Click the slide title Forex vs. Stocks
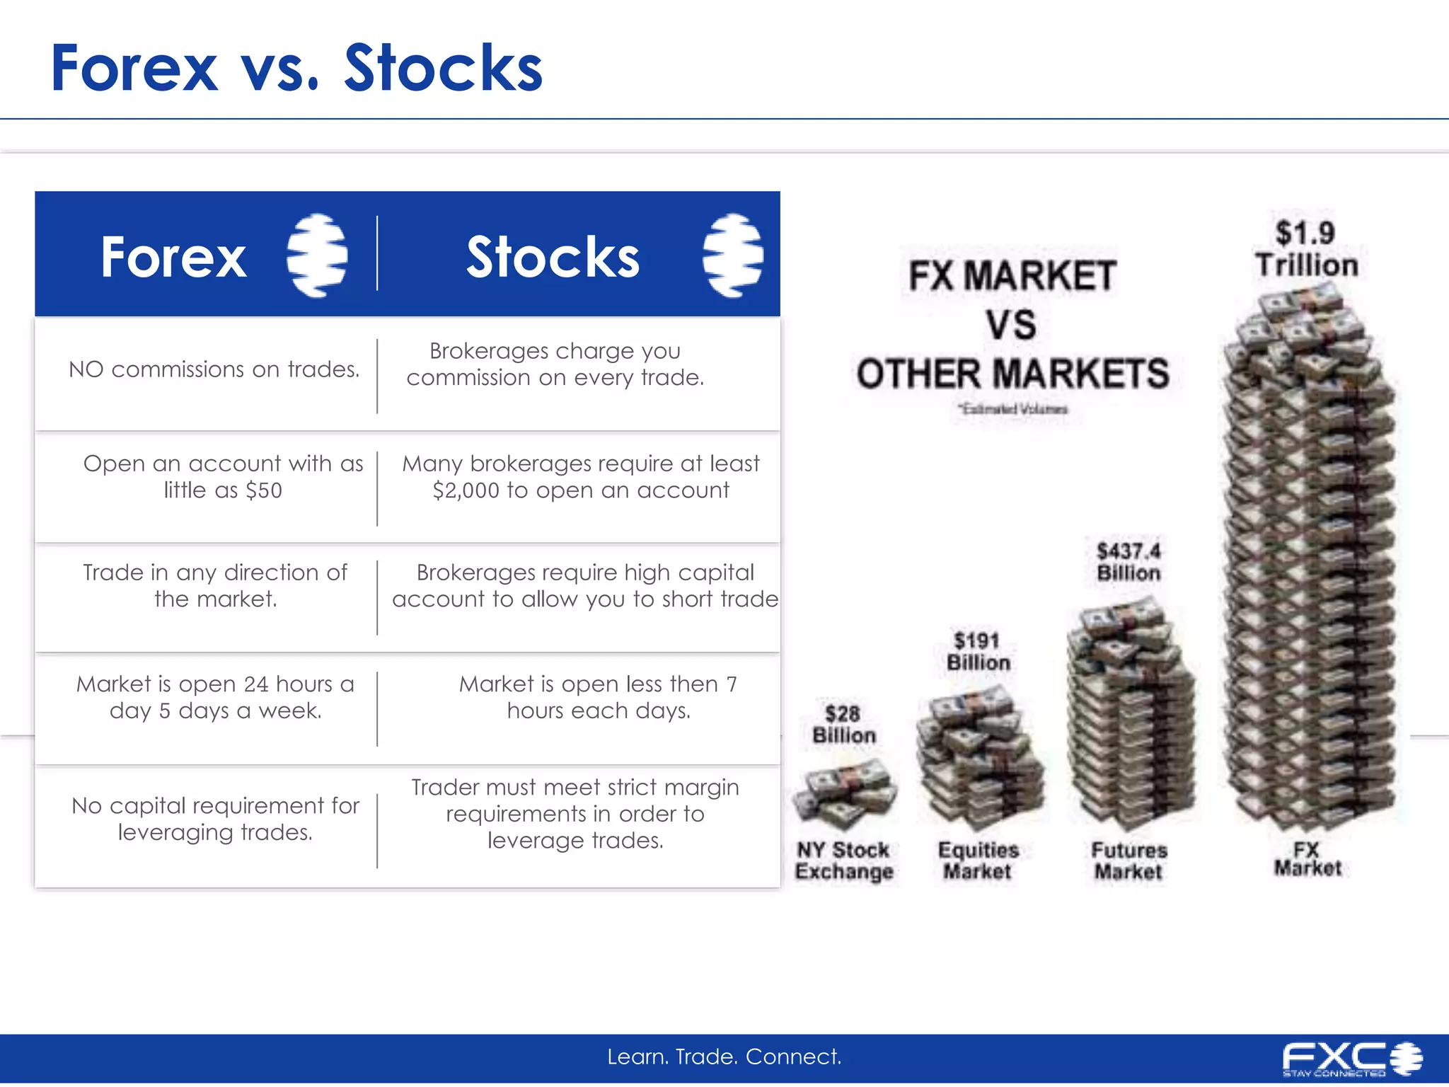[x=296, y=68]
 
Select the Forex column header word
[x=173, y=256]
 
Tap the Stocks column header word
[x=553, y=256]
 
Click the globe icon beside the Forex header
[x=317, y=255]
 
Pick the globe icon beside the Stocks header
[x=733, y=255]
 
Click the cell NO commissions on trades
[x=214, y=369]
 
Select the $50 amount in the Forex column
[x=264, y=490]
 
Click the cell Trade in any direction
[x=215, y=585]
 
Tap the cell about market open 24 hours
[x=215, y=697]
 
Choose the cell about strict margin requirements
[x=575, y=814]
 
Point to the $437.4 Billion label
[x=1128, y=562]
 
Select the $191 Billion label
[x=978, y=652]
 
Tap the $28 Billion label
[x=843, y=725]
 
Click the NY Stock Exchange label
[x=843, y=861]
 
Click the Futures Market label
[x=1128, y=861]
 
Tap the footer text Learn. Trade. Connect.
[x=724, y=1057]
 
